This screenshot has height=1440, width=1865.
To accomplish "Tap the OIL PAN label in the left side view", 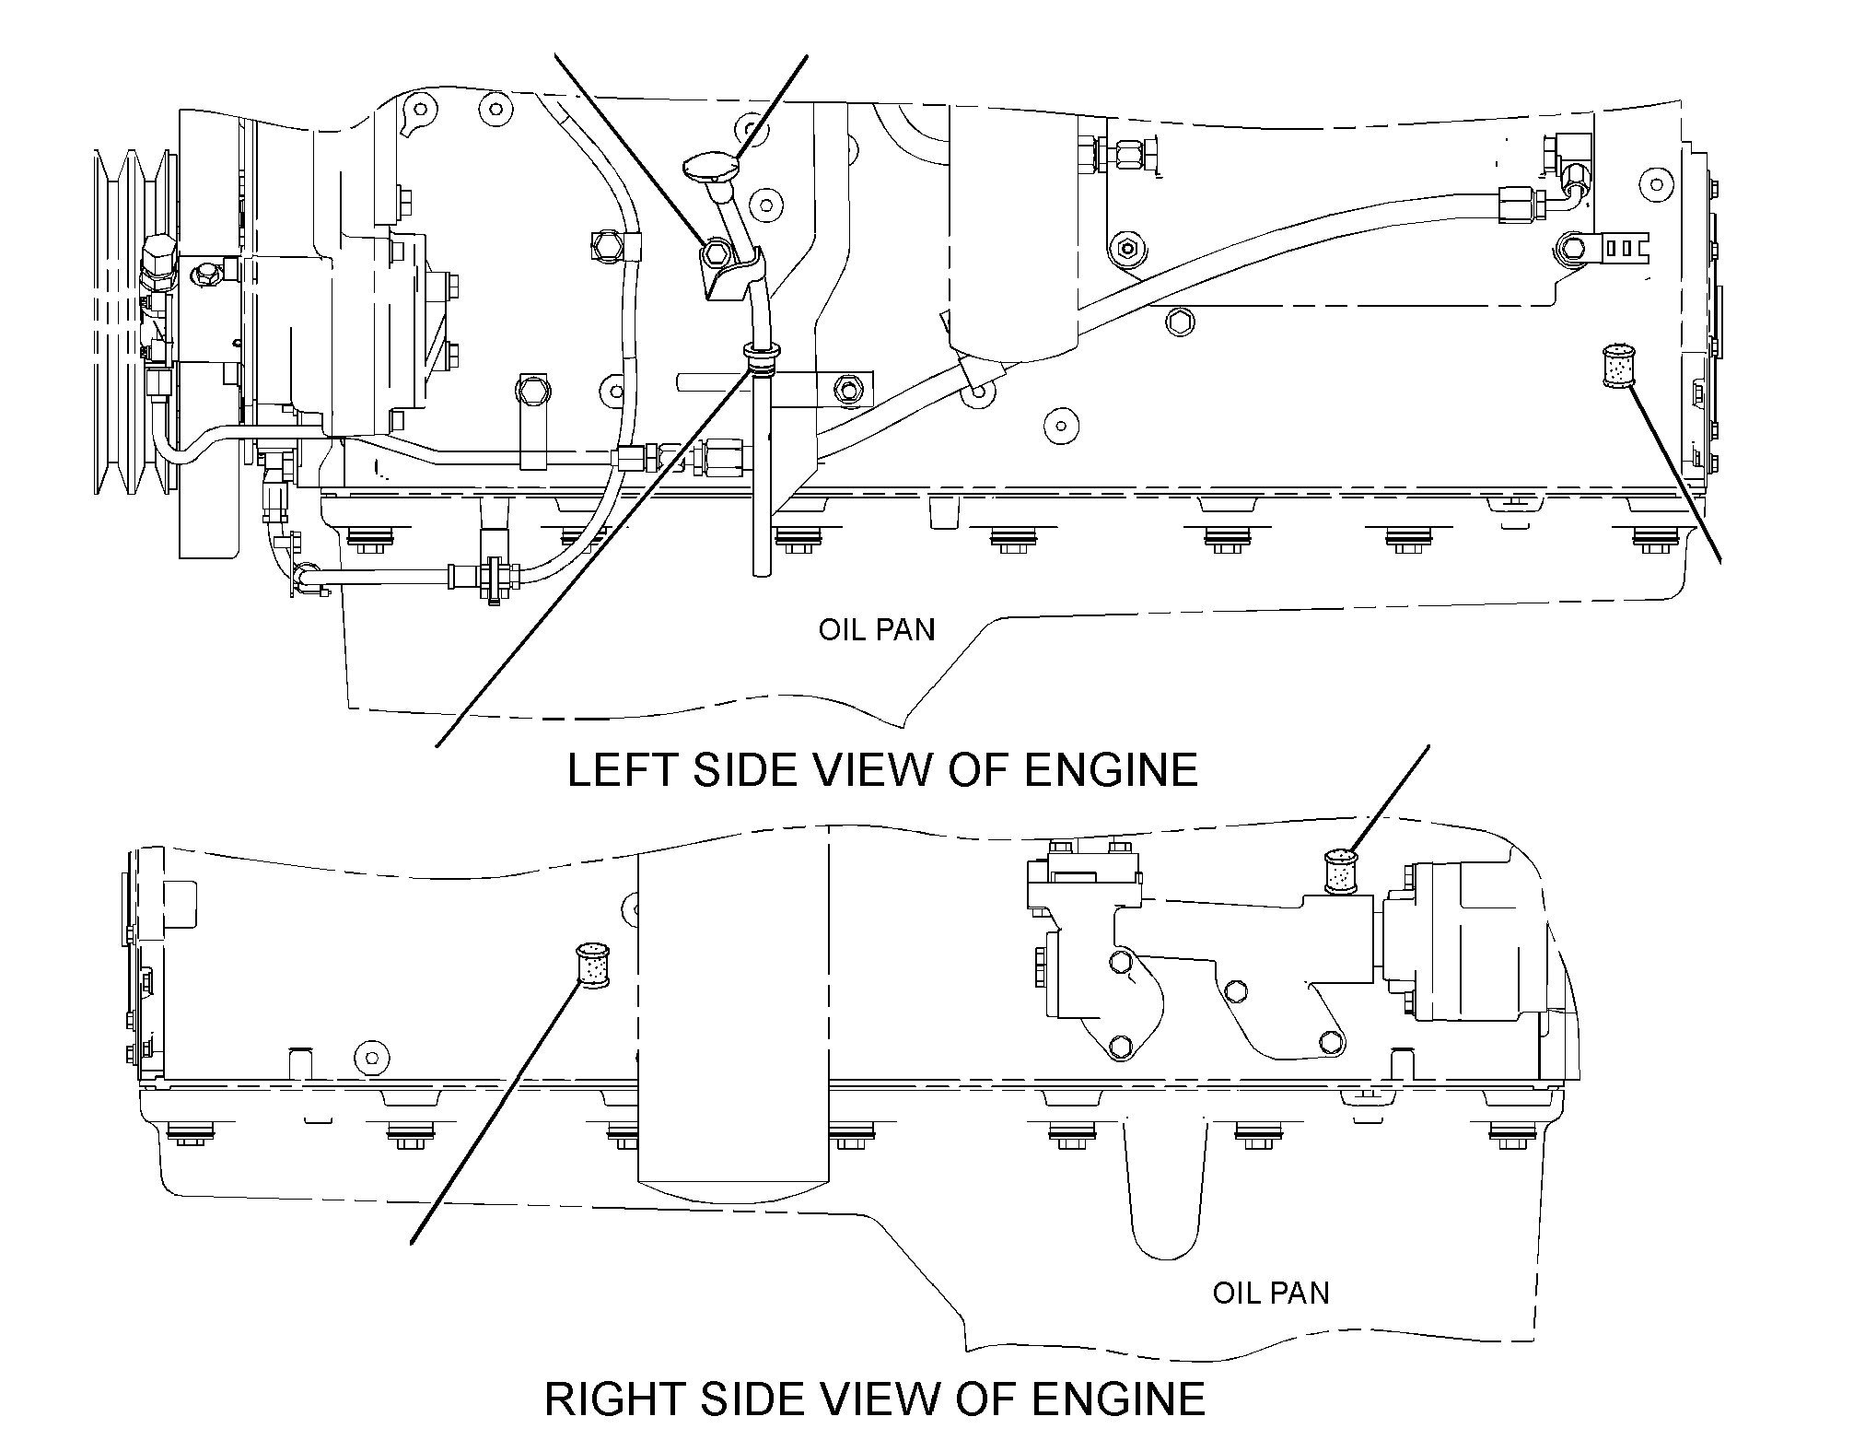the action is [x=877, y=630].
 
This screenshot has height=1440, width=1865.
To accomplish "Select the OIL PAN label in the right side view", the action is [x=1271, y=1293].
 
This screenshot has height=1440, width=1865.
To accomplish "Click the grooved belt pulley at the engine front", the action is [x=134, y=322].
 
